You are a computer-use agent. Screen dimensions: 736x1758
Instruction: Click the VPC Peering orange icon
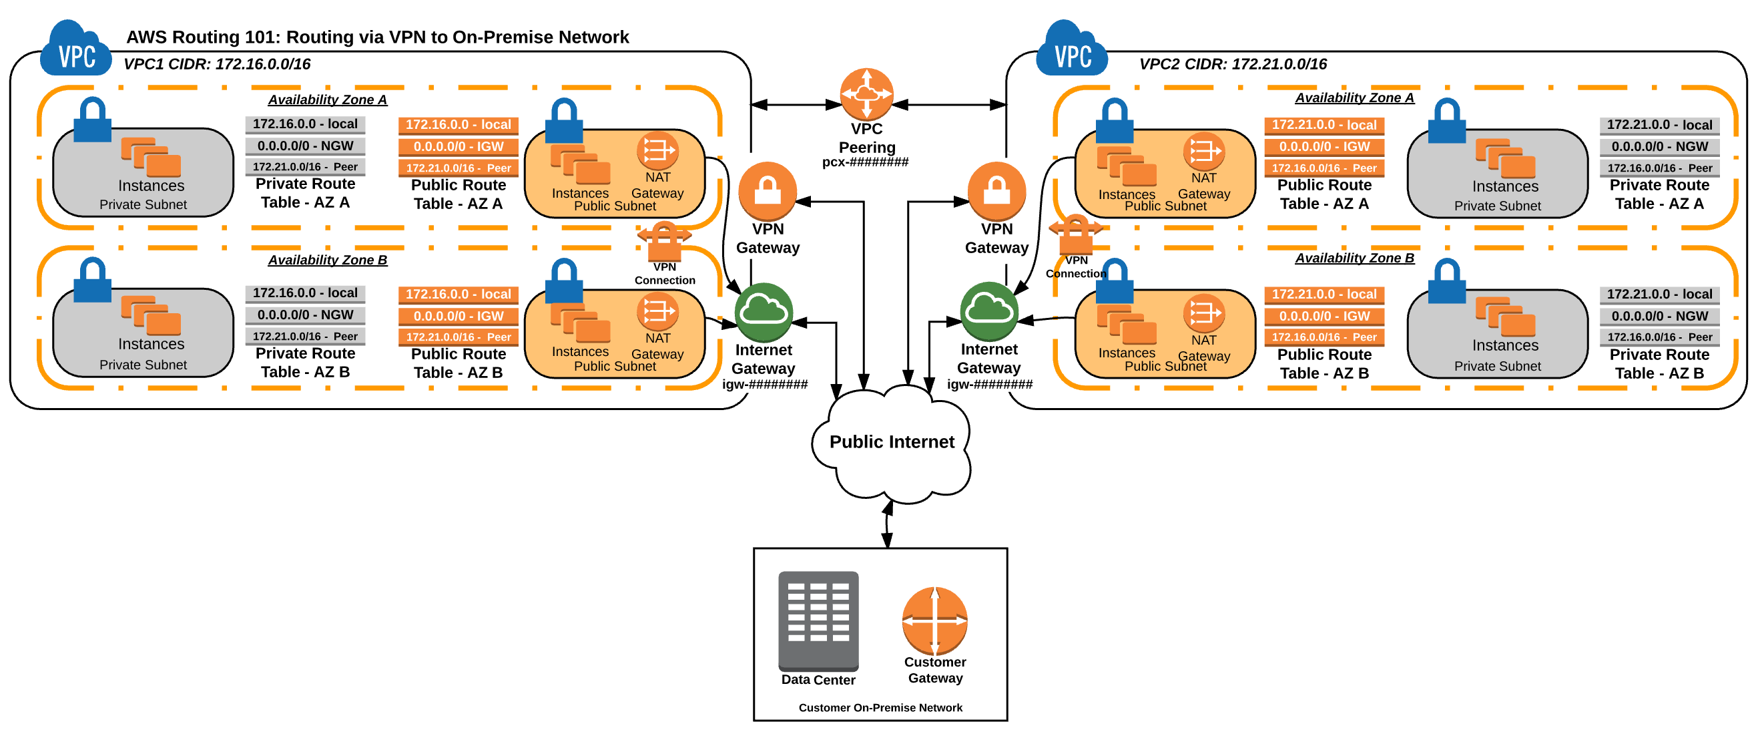[866, 94]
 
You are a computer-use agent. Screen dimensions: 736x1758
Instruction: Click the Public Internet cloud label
[891, 441]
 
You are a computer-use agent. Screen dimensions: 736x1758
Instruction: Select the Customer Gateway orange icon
[934, 620]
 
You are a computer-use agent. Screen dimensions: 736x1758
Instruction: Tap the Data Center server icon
[818, 620]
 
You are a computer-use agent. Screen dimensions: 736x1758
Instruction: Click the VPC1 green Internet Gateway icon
[763, 312]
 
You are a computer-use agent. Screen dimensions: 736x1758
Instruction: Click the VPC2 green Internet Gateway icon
[988, 311]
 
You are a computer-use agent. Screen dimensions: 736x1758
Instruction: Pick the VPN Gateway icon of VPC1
[767, 191]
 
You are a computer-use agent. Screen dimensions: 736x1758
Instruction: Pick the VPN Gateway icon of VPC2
[996, 191]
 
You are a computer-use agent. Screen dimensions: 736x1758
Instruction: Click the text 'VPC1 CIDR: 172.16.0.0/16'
[216, 64]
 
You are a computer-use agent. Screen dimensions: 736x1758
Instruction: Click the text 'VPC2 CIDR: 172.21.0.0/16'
[1233, 64]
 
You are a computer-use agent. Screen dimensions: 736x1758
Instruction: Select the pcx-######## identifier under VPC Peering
[865, 162]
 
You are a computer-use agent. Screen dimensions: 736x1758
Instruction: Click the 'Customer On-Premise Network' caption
[880, 707]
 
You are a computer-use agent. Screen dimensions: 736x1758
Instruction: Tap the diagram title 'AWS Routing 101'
[376, 37]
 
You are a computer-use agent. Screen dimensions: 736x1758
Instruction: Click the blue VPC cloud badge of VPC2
[1071, 51]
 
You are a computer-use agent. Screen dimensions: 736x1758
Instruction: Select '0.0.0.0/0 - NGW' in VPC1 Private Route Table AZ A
[305, 146]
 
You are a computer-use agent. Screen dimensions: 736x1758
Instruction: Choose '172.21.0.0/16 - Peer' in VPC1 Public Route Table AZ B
[458, 337]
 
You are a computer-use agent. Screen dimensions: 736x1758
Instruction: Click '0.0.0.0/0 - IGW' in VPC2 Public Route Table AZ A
[1324, 147]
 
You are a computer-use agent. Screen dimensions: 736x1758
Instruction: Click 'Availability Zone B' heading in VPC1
[327, 260]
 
